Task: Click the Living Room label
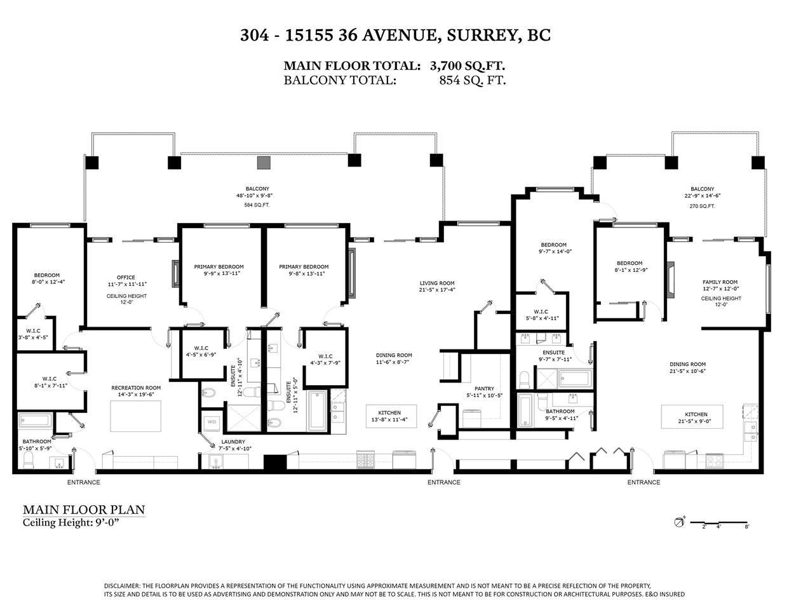click(x=436, y=283)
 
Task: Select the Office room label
click(x=126, y=277)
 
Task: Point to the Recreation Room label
click(x=136, y=388)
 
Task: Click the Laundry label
click(x=233, y=442)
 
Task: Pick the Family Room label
click(x=720, y=282)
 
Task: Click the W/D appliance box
click(x=210, y=421)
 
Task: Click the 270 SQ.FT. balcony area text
click(x=703, y=205)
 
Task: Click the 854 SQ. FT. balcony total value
click(x=472, y=80)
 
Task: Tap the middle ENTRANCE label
click(x=443, y=482)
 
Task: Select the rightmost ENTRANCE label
click(x=644, y=482)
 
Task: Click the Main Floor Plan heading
click(x=84, y=510)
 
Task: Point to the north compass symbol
click(x=678, y=523)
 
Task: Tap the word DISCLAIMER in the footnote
click(x=122, y=586)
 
